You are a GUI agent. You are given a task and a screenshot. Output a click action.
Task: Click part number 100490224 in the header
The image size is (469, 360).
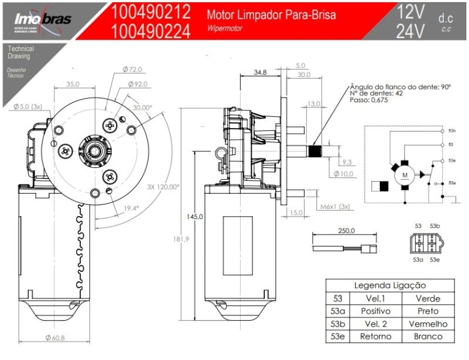(151, 31)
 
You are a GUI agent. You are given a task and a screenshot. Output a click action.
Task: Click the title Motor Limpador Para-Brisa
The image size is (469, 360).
(272, 15)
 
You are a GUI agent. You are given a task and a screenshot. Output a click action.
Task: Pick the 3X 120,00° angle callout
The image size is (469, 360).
(163, 187)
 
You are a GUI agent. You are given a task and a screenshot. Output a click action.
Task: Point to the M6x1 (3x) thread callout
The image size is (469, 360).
(335, 206)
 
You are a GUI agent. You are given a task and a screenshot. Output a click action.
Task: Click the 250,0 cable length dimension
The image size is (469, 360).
(347, 231)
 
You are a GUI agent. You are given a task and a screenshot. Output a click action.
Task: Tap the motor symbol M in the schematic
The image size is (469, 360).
(404, 174)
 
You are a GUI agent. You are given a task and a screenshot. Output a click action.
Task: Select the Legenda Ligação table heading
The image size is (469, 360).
(390, 285)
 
